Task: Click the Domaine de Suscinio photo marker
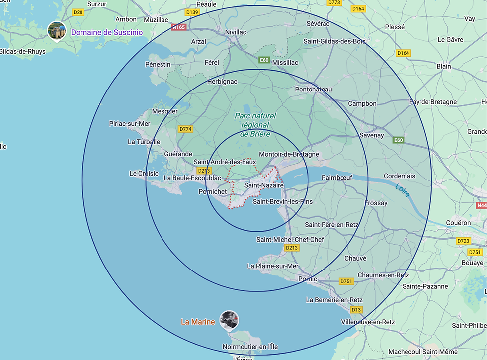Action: tap(57, 31)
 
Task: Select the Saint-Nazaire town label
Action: tap(264, 185)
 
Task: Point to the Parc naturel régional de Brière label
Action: tap(255, 125)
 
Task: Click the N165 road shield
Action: tap(179, 27)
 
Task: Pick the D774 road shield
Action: tap(185, 129)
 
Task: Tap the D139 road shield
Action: tap(192, 12)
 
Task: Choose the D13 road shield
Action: tap(356, 310)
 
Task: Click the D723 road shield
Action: tap(463, 241)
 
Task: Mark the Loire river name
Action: tap(403, 190)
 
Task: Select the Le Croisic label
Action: tap(144, 174)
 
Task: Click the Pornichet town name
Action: tap(212, 191)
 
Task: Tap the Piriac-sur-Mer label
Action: tap(129, 124)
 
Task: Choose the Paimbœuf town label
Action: tap(337, 177)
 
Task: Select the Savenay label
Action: tap(372, 135)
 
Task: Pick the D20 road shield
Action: tap(78, 12)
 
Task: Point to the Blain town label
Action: tap(444, 66)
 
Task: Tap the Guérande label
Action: tap(178, 155)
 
